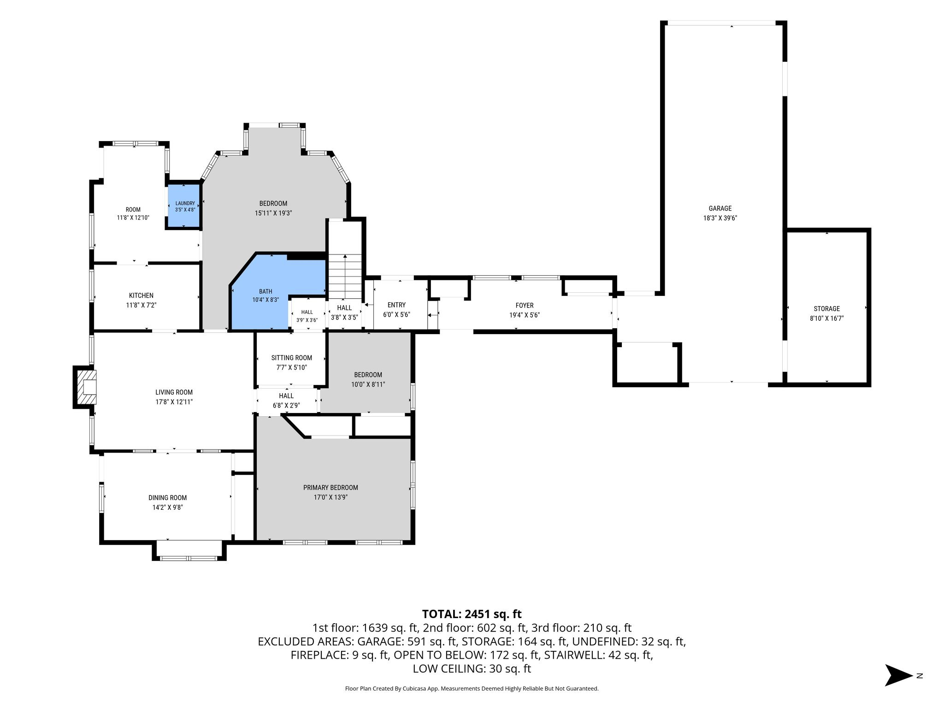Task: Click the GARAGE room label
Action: coord(720,208)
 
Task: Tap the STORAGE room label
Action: coord(826,309)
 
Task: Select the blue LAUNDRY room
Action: coord(184,206)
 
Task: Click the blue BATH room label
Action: coord(265,291)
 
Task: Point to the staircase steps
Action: coord(345,277)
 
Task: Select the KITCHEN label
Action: coord(141,295)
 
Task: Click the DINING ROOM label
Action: coord(167,498)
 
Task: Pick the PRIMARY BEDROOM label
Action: coord(330,488)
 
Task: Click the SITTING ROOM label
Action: coord(291,358)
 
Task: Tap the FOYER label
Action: coord(525,306)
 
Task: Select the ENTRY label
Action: coord(396,305)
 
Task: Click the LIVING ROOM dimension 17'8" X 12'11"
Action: coord(174,402)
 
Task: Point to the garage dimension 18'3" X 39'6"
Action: coord(720,218)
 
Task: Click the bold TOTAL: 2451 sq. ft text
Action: coord(472,614)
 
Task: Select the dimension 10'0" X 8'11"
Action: coord(368,384)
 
